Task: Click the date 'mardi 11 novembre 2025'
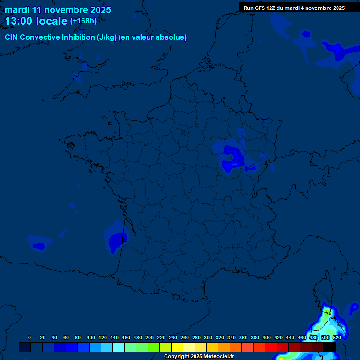click(58, 10)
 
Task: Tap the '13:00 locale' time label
click(36, 21)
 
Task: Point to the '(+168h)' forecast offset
click(83, 21)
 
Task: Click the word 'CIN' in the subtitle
click(12, 37)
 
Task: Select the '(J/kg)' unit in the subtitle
click(107, 37)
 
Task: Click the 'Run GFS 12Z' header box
click(294, 7)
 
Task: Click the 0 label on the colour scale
click(30, 337)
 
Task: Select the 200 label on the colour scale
click(150, 337)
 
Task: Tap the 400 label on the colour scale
click(267, 337)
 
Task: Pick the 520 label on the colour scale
click(337, 337)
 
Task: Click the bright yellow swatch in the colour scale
click(177, 347)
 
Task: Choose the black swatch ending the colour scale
click(329, 347)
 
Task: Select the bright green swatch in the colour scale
click(153, 347)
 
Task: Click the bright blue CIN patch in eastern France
click(231, 157)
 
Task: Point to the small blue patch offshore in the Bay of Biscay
click(38, 245)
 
